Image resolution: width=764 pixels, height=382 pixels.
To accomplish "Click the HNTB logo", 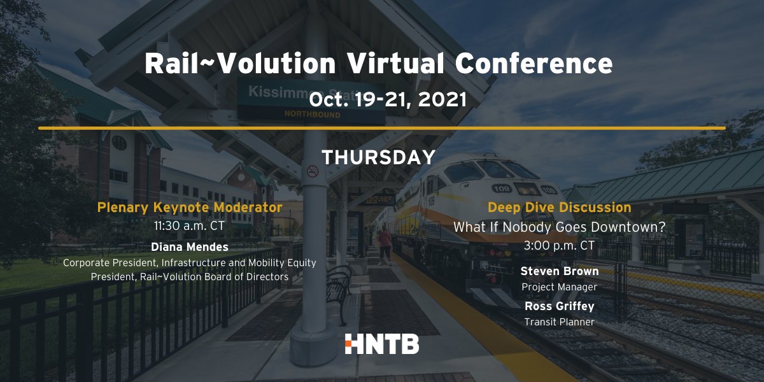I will click(381, 344).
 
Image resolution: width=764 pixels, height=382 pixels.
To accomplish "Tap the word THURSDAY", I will click(378, 157).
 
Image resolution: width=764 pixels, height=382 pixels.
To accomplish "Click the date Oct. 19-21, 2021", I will click(388, 99).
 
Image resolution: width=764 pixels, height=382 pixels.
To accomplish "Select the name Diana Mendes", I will click(189, 247).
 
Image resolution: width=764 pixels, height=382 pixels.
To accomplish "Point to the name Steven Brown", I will click(559, 271).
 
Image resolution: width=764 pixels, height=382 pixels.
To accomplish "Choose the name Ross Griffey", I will click(559, 306).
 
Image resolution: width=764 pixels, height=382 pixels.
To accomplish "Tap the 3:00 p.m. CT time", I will click(559, 245).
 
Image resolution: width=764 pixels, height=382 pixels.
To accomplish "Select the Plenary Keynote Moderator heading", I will click(189, 207).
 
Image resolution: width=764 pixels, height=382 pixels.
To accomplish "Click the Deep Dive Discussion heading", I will click(559, 207).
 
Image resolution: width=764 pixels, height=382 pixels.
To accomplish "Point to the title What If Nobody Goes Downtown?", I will click(559, 227).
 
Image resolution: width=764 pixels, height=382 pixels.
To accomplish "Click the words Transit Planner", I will click(559, 322).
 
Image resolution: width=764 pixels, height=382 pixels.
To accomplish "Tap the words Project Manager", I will click(559, 287).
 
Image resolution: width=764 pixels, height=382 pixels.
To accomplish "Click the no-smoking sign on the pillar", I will click(313, 171).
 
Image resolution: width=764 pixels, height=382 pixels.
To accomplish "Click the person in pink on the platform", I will click(386, 245).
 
